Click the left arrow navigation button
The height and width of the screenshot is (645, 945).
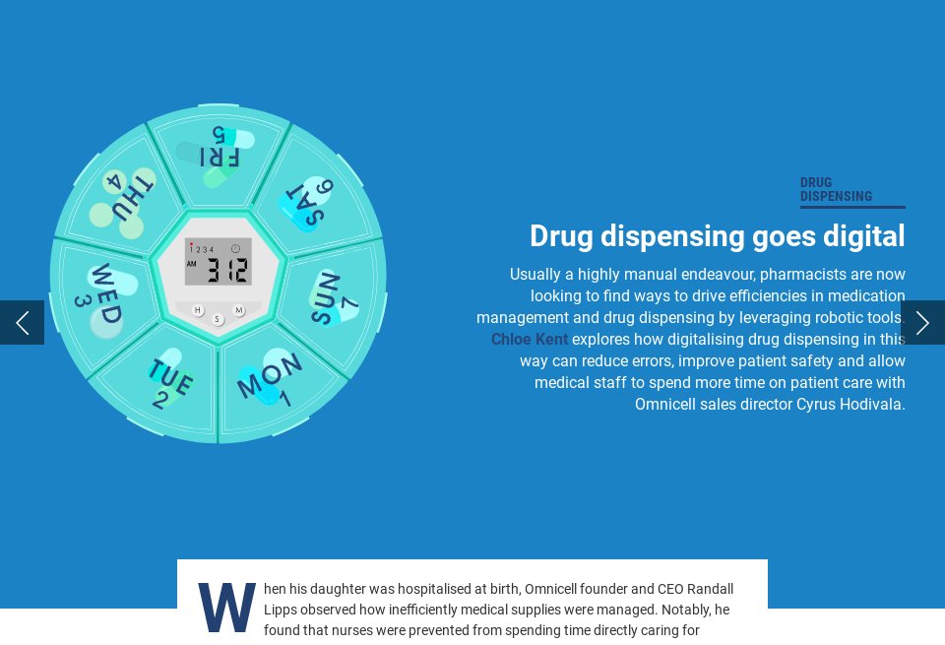pyautogui.click(x=22, y=323)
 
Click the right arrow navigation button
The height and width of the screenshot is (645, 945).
pyautogui.click(x=922, y=323)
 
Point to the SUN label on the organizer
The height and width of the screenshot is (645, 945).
pyautogui.click(x=325, y=297)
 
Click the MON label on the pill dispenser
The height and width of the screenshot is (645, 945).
pyautogui.click(x=269, y=375)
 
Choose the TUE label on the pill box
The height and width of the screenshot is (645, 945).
pyautogui.click(x=169, y=377)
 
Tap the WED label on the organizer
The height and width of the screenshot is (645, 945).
pyautogui.click(x=106, y=292)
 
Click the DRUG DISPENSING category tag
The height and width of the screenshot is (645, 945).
pyautogui.click(x=836, y=189)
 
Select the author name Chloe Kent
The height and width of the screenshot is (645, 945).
pyautogui.click(x=530, y=340)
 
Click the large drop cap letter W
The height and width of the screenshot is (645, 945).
pyautogui.click(x=226, y=608)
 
